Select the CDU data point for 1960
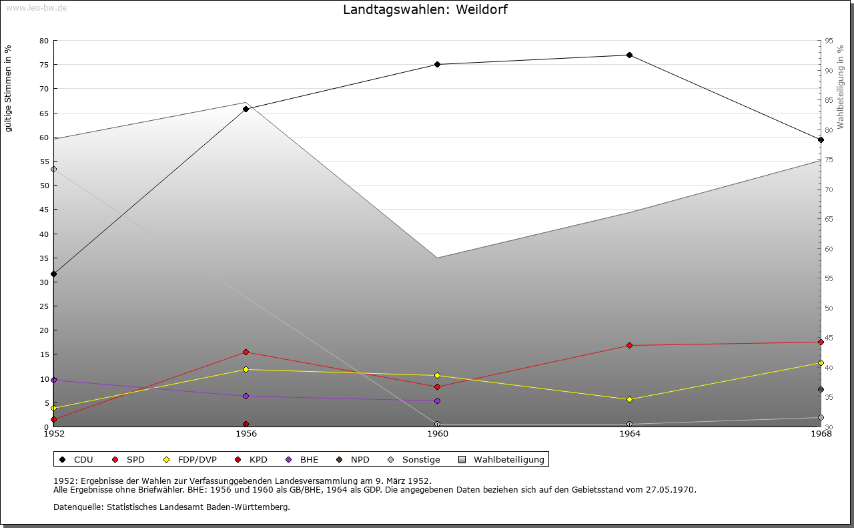437,65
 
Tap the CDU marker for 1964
629,55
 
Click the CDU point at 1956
246,109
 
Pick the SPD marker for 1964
629,346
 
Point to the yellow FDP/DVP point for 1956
246,369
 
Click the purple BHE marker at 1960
437,401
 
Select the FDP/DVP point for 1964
629,400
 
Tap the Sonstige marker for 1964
629,425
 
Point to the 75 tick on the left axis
44,65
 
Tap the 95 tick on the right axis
829,41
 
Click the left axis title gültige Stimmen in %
9,88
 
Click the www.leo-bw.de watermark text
35,7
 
